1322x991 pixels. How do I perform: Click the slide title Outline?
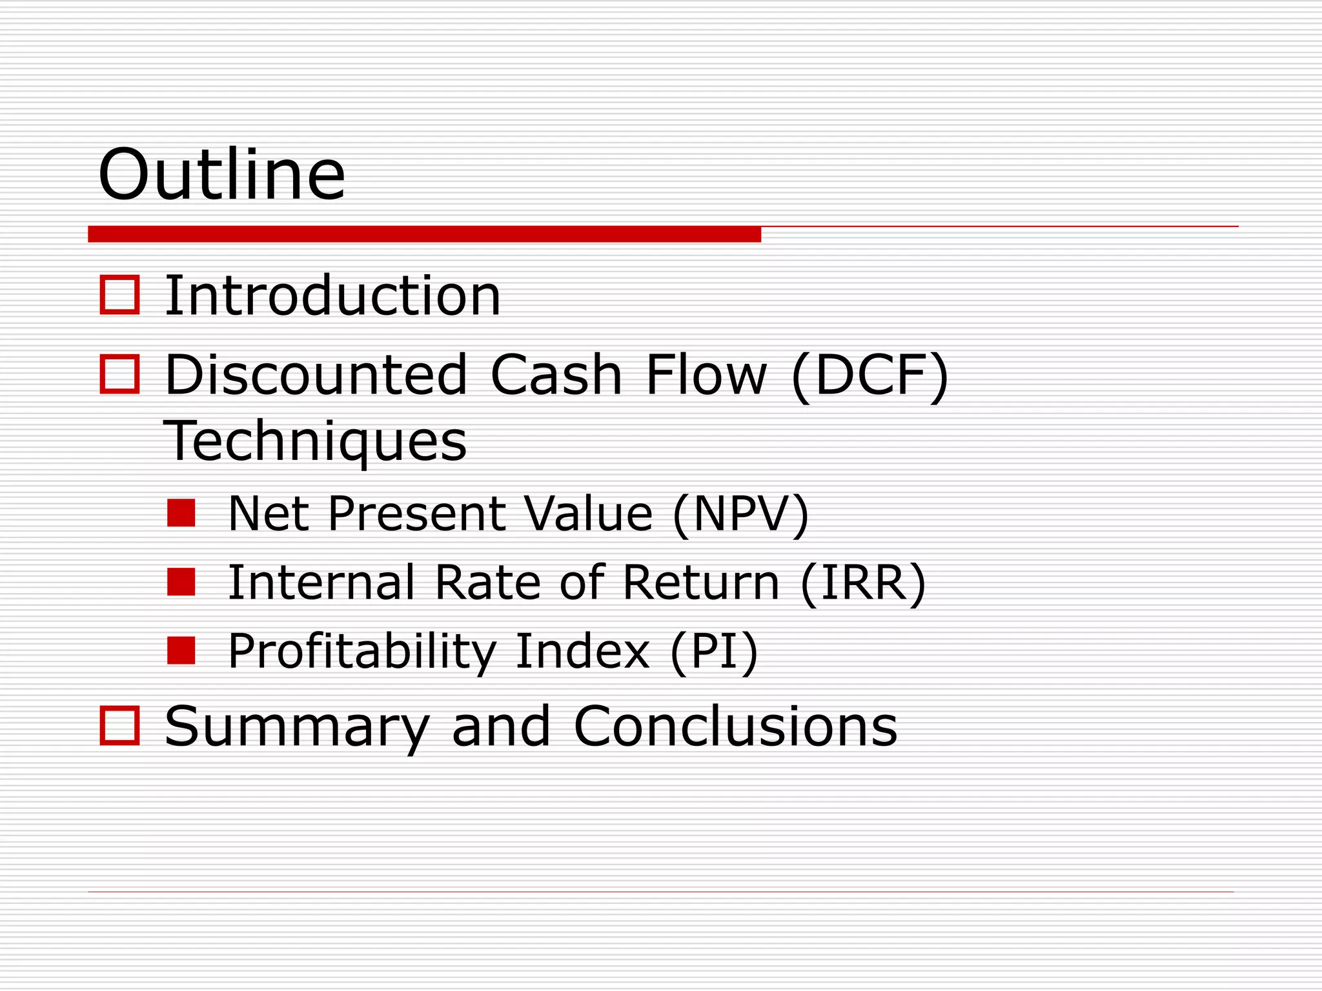[x=221, y=175]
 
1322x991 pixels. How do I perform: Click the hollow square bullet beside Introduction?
[x=120, y=295]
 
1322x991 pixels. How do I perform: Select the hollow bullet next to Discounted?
[x=120, y=374]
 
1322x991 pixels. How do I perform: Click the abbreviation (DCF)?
[x=869, y=375]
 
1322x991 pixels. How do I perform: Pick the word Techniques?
[x=315, y=441]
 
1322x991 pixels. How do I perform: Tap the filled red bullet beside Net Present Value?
[x=181, y=513]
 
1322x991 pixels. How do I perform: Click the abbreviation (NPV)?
[x=740, y=514]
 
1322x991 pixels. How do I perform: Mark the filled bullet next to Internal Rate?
[x=181, y=582]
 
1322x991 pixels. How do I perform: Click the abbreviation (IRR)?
[x=863, y=583]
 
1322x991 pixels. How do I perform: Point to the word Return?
[x=701, y=583]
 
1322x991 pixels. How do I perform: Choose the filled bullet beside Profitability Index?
[x=181, y=650]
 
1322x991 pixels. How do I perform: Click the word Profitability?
[x=362, y=652]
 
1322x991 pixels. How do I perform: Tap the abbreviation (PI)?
[x=714, y=652]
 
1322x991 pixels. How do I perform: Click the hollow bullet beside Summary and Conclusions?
[x=120, y=726]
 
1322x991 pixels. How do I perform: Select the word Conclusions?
[x=735, y=726]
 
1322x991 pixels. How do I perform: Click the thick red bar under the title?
[x=424, y=234]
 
